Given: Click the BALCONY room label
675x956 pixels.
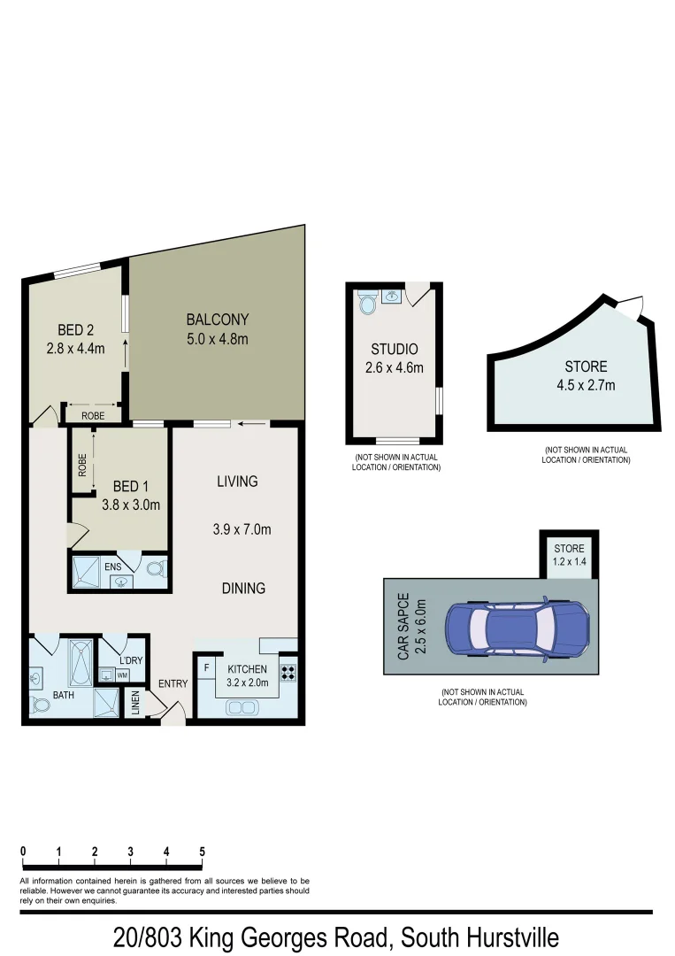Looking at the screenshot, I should coord(217,320).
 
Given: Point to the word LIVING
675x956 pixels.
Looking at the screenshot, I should coord(237,482).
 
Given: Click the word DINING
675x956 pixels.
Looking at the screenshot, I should coord(243,588).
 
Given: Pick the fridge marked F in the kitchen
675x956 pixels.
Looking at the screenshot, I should coord(205,667).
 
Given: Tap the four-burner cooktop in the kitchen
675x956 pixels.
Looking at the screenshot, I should coord(288,669).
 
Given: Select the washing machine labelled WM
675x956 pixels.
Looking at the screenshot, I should coord(122,675).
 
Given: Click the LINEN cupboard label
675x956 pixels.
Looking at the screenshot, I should coord(135,703).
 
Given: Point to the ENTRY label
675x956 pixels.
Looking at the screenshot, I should coord(173,683).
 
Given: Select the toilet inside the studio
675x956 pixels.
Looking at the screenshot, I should coord(369,305).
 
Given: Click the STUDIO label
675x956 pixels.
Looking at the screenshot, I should coord(394,350).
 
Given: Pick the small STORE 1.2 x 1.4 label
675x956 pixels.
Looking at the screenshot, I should coord(570,555).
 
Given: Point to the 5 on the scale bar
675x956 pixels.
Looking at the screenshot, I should coord(203,852).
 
